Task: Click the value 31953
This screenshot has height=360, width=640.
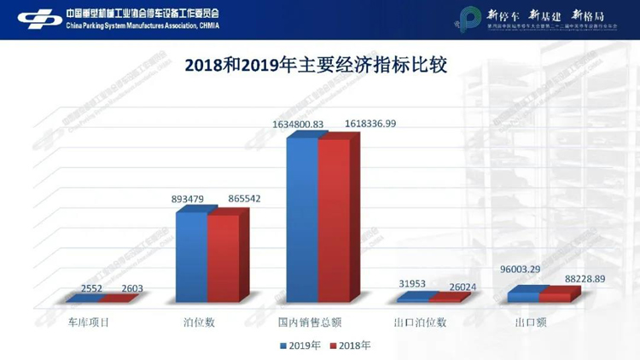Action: pyautogui.click(x=412, y=283)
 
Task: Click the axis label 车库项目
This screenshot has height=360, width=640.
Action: pyautogui.click(x=90, y=322)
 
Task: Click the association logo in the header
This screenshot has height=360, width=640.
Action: pyautogui.click(x=38, y=18)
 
